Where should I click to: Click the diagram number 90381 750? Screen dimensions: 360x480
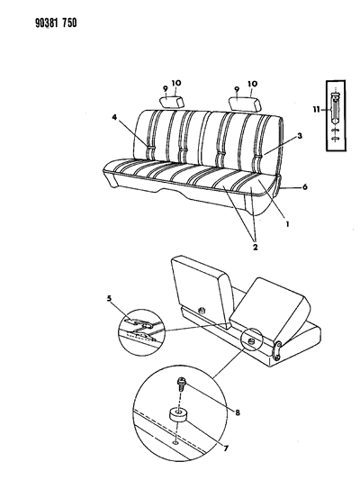[x=56, y=23]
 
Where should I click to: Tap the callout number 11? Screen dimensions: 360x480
[x=317, y=109]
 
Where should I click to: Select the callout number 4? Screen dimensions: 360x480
[x=114, y=117]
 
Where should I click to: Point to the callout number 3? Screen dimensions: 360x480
[x=300, y=136]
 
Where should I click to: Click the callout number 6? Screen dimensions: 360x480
[x=304, y=186]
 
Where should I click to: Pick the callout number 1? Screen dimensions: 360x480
[x=287, y=224]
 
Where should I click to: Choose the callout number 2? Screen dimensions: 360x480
[x=255, y=247]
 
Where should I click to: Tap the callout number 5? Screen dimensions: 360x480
[x=110, y=298]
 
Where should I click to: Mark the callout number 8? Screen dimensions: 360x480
[x=238, y=412]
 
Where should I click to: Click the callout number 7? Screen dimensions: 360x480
[x=226, y=448]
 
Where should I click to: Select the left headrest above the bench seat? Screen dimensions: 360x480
[x=172, y=102]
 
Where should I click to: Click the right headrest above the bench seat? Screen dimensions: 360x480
[x=246, y=104]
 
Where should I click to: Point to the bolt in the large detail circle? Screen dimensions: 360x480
[x=181, y=385]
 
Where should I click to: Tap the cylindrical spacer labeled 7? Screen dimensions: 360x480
[x=177, y=415]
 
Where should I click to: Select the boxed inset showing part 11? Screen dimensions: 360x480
[x=336, y=115]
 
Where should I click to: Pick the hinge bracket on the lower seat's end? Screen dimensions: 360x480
[x=277, y=351]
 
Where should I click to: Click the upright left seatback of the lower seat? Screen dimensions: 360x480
[x=202, y=291]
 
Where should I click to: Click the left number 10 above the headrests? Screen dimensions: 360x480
[x=175, y=83]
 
